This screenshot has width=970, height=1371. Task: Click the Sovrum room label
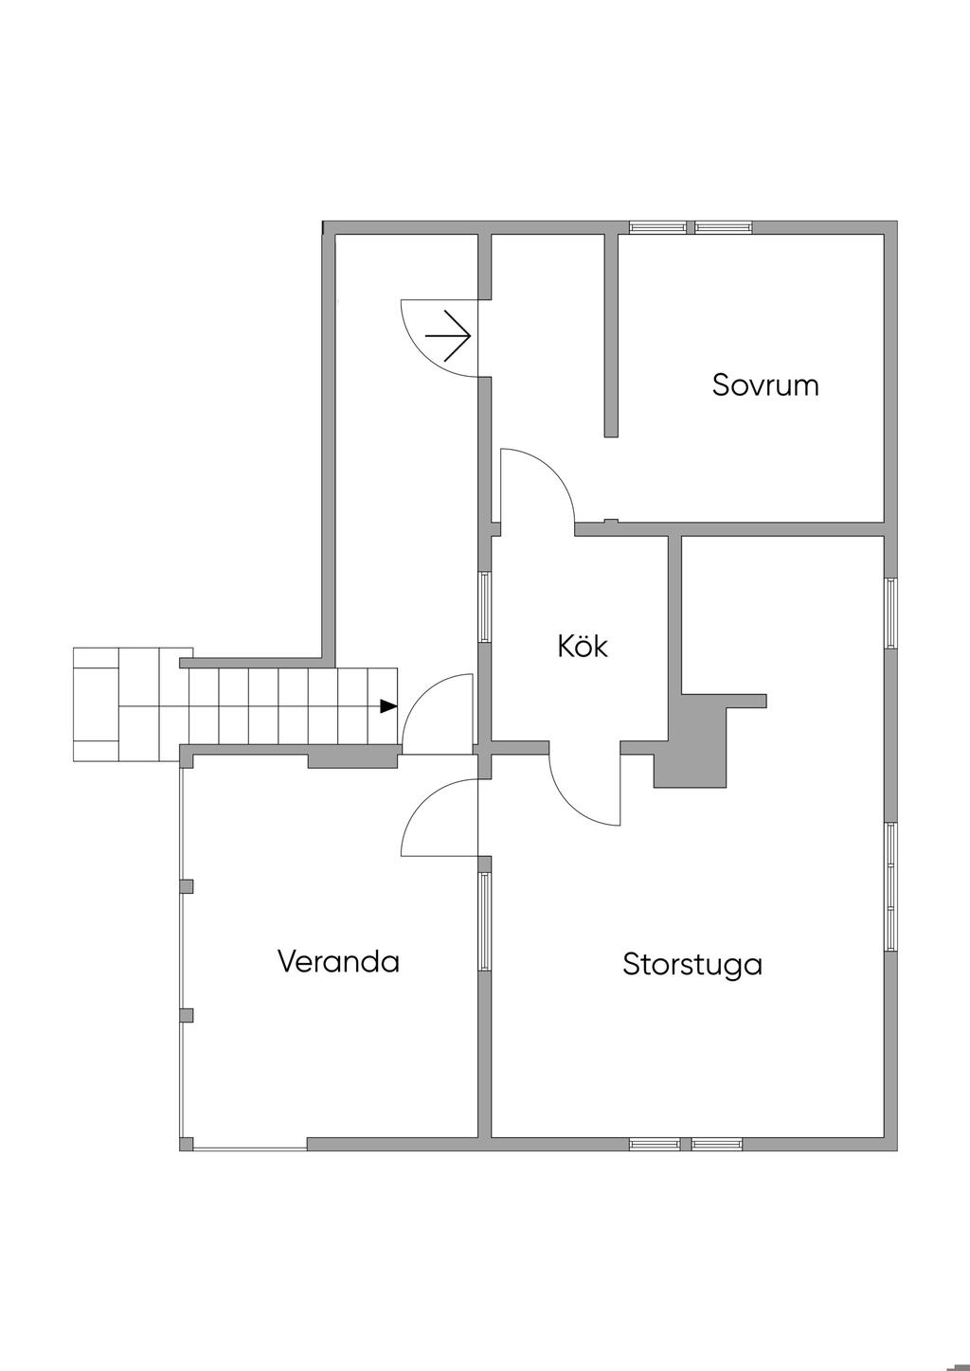pos(765,385)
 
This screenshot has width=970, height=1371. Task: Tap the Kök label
pos(582,647)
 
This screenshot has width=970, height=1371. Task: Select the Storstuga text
pos(692,965)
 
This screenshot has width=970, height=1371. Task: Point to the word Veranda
pos(338,962)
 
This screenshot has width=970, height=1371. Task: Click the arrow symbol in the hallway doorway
pos(449,336)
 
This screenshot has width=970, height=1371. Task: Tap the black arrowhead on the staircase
pos(388,705)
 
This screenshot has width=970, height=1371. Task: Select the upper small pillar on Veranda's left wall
pos(187,886)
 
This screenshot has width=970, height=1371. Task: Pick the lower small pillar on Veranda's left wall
pos(187,1015)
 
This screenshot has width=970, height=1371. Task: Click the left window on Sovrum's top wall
pos(658,227)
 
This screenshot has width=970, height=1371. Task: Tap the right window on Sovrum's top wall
pos(724,227)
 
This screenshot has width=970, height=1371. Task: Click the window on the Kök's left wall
pos(485,607)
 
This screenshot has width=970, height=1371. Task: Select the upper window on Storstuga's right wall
pos(890,613)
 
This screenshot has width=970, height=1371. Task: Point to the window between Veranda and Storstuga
pos(485,921)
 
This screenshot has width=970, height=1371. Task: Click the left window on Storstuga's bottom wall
pos(655,1144)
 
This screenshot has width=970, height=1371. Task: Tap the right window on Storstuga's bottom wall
pos(716,1144)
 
